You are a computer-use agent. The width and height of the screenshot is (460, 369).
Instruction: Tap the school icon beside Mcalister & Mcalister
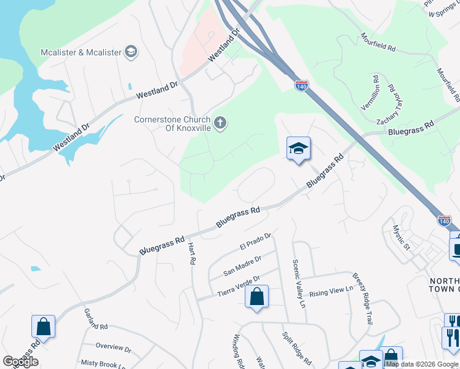130,52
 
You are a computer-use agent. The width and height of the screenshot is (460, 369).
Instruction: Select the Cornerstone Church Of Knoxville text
172,124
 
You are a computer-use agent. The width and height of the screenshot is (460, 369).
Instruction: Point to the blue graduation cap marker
298,149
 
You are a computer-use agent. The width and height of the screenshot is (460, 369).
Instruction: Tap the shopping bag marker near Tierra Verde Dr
257,297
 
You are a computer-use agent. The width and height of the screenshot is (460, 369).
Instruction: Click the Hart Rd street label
191,253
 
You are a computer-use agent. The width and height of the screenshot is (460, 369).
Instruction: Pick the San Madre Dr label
242,266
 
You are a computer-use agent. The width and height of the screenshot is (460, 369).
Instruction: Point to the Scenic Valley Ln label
298,283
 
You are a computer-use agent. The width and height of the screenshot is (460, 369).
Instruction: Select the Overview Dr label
113,347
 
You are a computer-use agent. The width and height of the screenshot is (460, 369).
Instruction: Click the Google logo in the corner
20,362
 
